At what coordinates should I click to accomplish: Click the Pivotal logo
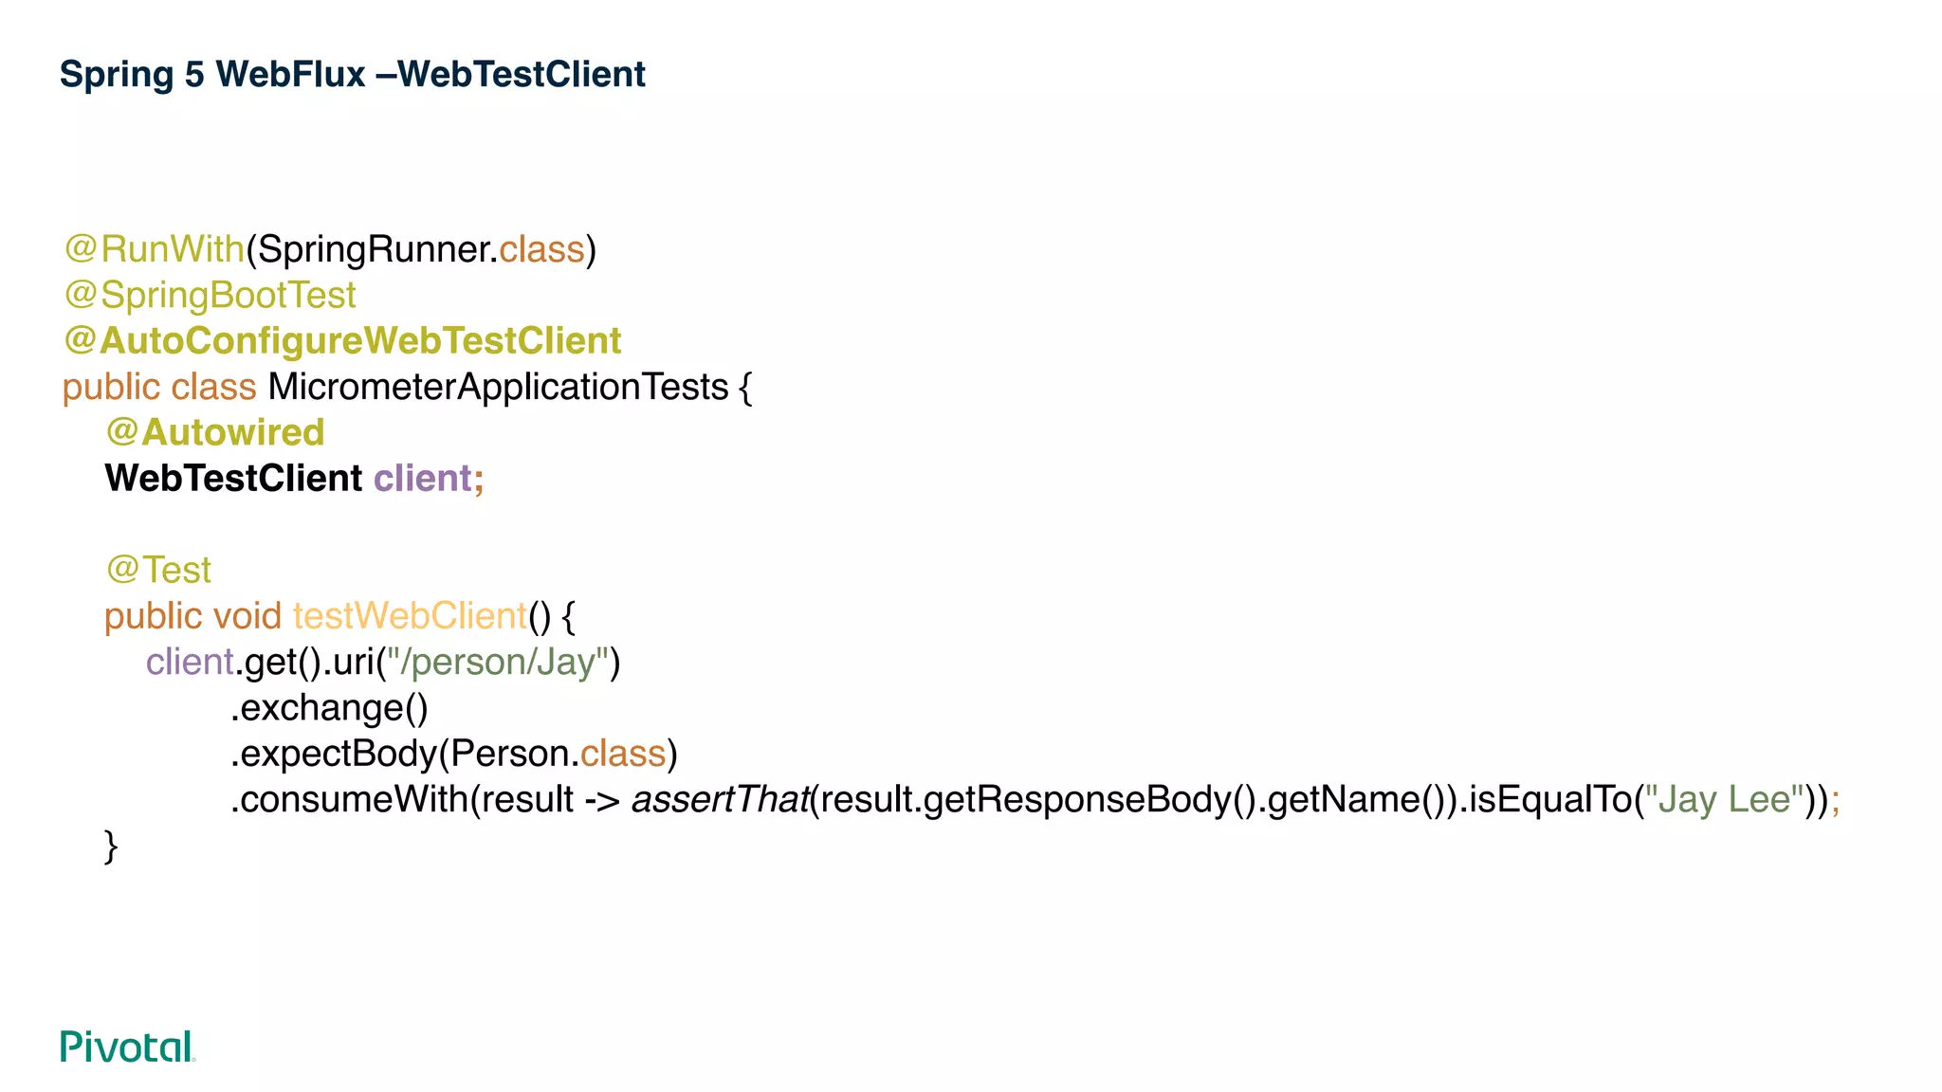point(127,1046)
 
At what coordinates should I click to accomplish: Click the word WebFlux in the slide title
point(290,74)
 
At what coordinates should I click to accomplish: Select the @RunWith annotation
point(155,249)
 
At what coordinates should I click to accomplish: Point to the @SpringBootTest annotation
point(210,295)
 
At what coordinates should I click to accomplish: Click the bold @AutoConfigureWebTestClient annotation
point(342,341)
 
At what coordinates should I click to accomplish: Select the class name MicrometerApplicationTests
point(498,387)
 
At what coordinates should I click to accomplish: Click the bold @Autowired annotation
point(215,432)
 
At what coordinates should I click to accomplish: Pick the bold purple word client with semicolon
point(428,478)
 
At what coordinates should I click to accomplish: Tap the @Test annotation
point(158,570)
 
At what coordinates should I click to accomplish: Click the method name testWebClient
point(410,616)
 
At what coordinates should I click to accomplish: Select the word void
point(247,616)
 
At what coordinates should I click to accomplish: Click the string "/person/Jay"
point(498,662)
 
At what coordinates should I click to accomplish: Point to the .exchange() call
point(329,708)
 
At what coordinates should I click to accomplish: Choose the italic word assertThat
point(720,799)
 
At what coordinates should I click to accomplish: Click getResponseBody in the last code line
point(1076,799)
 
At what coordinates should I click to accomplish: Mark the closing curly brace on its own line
point(111,846)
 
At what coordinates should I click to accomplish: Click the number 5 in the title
point(194,74)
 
